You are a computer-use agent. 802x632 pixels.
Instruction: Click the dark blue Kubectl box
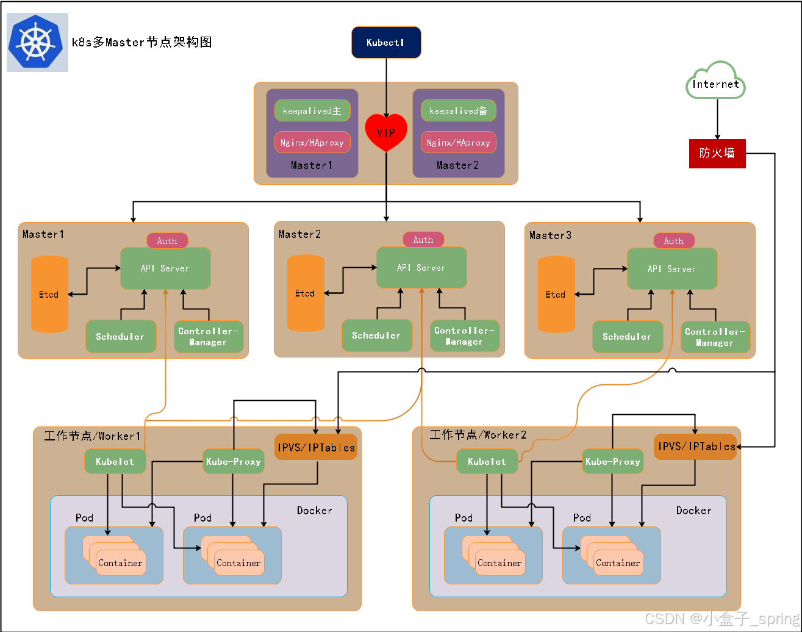point(386,43)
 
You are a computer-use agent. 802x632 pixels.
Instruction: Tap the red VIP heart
point(386,132)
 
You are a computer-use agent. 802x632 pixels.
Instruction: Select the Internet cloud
point(715,81)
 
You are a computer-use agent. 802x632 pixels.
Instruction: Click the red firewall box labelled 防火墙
point(717,154)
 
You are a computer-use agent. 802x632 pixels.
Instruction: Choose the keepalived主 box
point(312,111)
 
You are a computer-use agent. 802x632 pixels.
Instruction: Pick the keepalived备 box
point(459,111)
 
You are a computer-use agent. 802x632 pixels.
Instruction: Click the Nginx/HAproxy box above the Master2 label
point(459,142)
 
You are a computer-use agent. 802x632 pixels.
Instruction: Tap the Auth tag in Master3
point(674,241)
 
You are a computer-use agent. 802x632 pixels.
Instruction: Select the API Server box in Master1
point(165,268)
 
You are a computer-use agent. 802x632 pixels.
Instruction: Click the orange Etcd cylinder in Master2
point(306,293)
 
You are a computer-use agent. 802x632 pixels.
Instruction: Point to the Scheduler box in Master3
point(628,337)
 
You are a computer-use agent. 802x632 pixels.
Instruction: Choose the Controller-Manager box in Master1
point(209,337)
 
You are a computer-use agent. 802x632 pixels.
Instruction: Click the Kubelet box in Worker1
point(115,462)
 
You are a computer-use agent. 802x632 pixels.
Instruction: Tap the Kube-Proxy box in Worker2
point(613,462)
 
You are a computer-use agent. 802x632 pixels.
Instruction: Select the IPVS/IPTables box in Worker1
point(316,447)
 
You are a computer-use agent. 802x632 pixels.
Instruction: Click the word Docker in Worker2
point(694,511)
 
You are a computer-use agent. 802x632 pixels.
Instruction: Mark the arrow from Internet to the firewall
point(717,119)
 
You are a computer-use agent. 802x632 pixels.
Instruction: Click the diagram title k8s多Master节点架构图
point(141,42)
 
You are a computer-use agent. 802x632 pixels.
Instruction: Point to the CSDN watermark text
point(722,619)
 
